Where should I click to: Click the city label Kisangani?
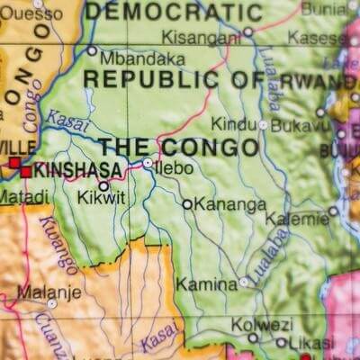(201, 38)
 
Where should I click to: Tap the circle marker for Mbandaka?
(92, 50)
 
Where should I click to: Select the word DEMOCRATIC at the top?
(174, 12)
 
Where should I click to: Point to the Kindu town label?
(233, 124)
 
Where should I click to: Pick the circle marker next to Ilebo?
(148, 163)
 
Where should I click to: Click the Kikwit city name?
(101, 197)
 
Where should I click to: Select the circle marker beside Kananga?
(187, 204)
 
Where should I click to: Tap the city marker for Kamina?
(244, 282)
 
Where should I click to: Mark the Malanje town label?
(49, 292)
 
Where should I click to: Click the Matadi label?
(23, 195)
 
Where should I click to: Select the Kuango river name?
(58, 244)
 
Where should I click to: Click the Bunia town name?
(323, 8)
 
